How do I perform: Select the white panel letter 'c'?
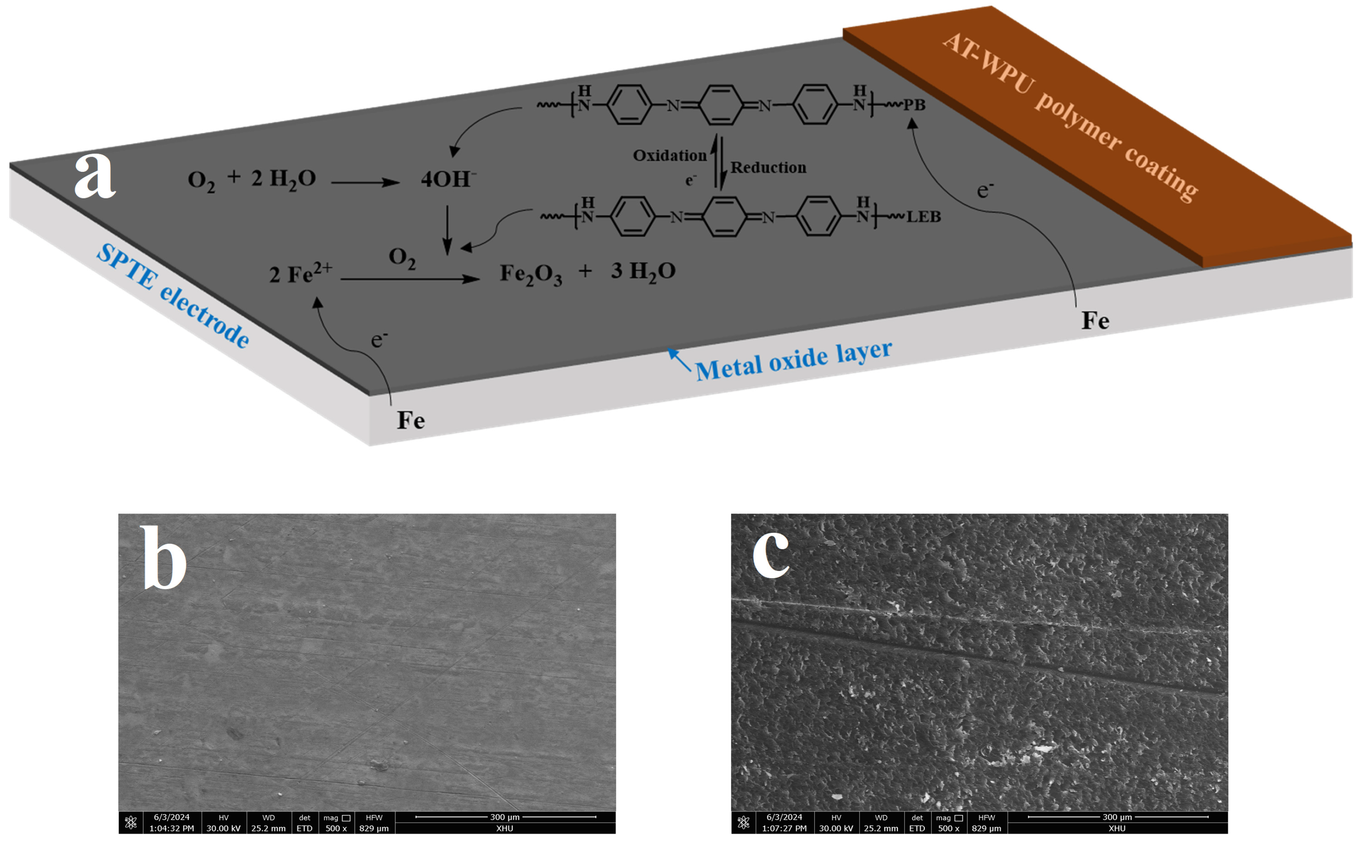click(771, 553)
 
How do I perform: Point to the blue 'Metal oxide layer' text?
click(793, 360)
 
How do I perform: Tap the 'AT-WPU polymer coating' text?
click(1070, 116)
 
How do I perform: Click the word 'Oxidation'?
click(670, 155)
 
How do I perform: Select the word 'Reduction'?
click(768, 168)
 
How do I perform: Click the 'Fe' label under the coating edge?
click(1095, 321)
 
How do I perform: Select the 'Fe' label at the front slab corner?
click(411, 421)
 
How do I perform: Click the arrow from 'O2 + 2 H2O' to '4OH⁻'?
click(365, 182)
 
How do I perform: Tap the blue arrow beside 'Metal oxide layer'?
click(679, 359)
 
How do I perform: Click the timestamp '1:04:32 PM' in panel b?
click(172, 828)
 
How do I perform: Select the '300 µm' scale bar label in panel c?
click(1117, 817)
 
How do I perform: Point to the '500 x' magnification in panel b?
click(336, 828)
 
